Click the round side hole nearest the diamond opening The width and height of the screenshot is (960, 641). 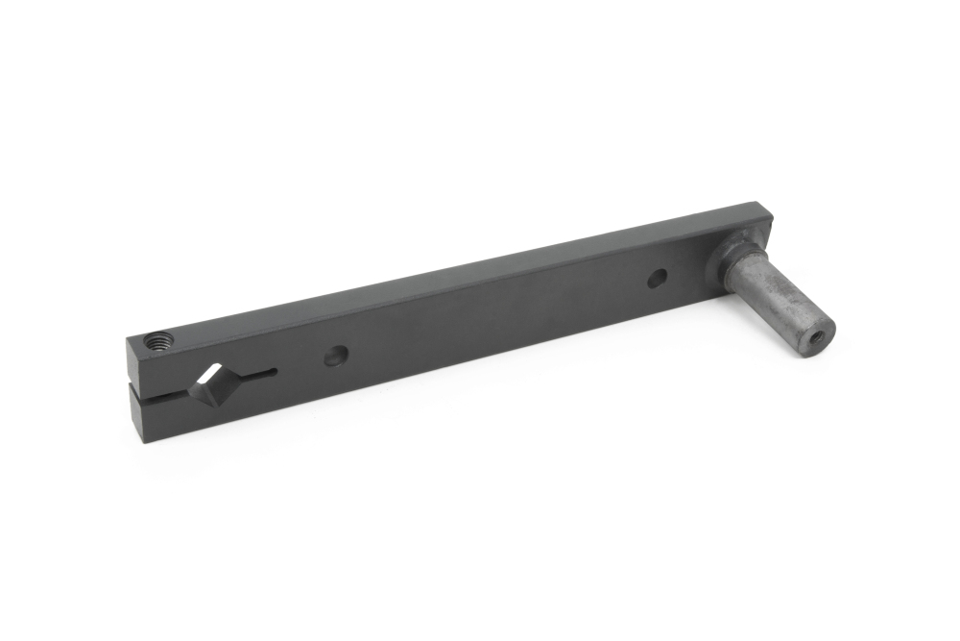coord(335,356)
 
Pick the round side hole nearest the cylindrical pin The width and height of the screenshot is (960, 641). coord(657,279)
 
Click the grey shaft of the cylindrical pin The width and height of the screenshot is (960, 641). coord(774,297)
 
